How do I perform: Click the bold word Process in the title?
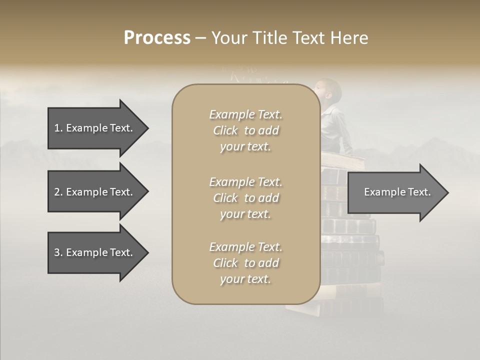[157, 37]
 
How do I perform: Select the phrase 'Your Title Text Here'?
[289, 37]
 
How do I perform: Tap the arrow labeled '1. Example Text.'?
[93, 128]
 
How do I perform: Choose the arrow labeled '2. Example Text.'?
[93, 192]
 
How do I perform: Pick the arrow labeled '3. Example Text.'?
[93, 252]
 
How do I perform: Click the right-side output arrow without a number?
[397, 192]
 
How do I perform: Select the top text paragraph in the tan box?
[245, 130]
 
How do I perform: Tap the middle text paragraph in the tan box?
[245, 198]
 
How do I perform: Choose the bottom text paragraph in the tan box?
[245, 263]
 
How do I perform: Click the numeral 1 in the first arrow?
[57, 128]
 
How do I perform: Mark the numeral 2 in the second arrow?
[57, 192]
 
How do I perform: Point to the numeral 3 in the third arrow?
[57, 252]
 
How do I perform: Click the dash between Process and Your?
[200, 38]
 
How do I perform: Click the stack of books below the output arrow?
[352, 250]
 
